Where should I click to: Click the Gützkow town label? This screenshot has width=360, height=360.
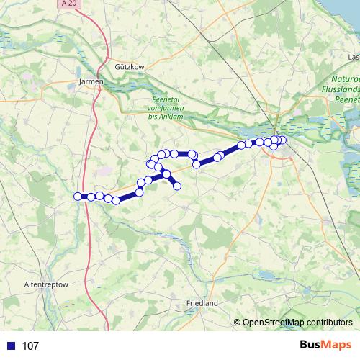pos(130,66)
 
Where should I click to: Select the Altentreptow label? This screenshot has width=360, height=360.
pos(46,285)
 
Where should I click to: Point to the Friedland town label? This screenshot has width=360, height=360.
pos(202,304)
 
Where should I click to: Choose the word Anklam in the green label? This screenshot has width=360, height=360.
pos(174,116)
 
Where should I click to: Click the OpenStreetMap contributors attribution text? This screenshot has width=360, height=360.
pos(297,323)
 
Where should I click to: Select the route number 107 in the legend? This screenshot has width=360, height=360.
pos(30,346)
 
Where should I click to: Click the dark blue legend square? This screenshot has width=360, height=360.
pos(10,346)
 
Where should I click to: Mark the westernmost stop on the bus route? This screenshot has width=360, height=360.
pos(78,196)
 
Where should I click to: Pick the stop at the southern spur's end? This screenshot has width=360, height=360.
pos(176,187)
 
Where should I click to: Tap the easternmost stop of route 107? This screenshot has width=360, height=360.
pos(283,140)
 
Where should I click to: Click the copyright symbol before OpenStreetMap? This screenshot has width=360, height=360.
pos(237,323)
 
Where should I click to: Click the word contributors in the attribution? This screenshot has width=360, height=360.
pos(328,323)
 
